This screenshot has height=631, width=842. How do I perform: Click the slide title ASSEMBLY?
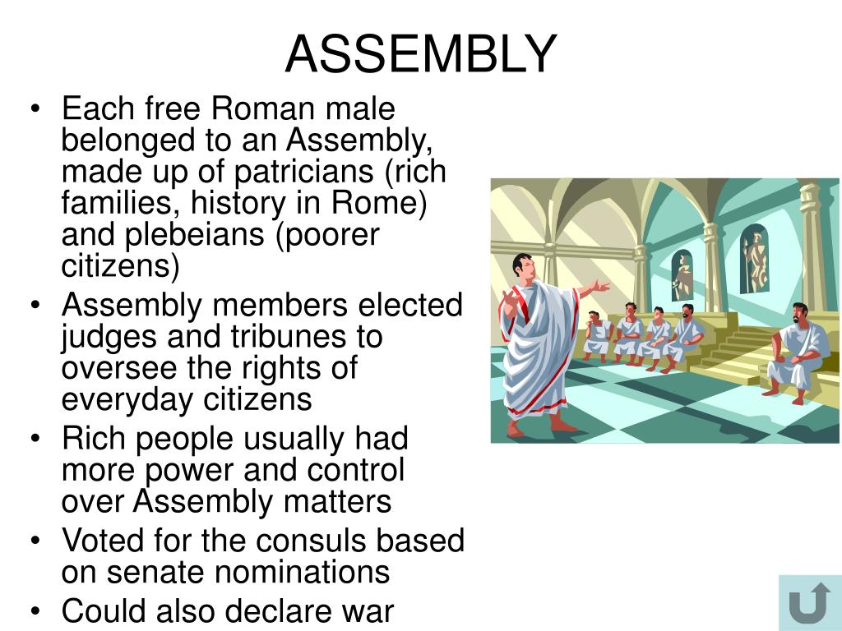421,54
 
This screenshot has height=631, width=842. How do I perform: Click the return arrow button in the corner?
808,604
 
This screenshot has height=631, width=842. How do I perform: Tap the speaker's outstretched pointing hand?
603,287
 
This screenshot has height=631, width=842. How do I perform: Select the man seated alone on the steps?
793,349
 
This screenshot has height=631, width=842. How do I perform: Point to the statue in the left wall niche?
682,274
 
